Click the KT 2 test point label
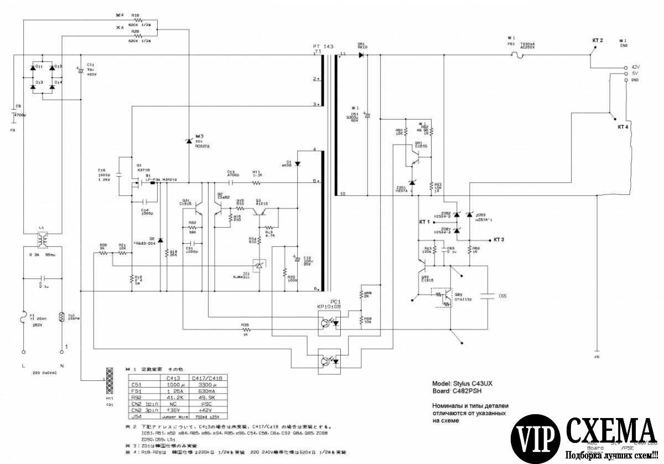(598, 40)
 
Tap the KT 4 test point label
(623, 127)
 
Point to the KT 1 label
(424, 221)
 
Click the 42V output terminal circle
(626, 66)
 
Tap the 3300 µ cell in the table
(209, 385)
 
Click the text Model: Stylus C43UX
(461, 383)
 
